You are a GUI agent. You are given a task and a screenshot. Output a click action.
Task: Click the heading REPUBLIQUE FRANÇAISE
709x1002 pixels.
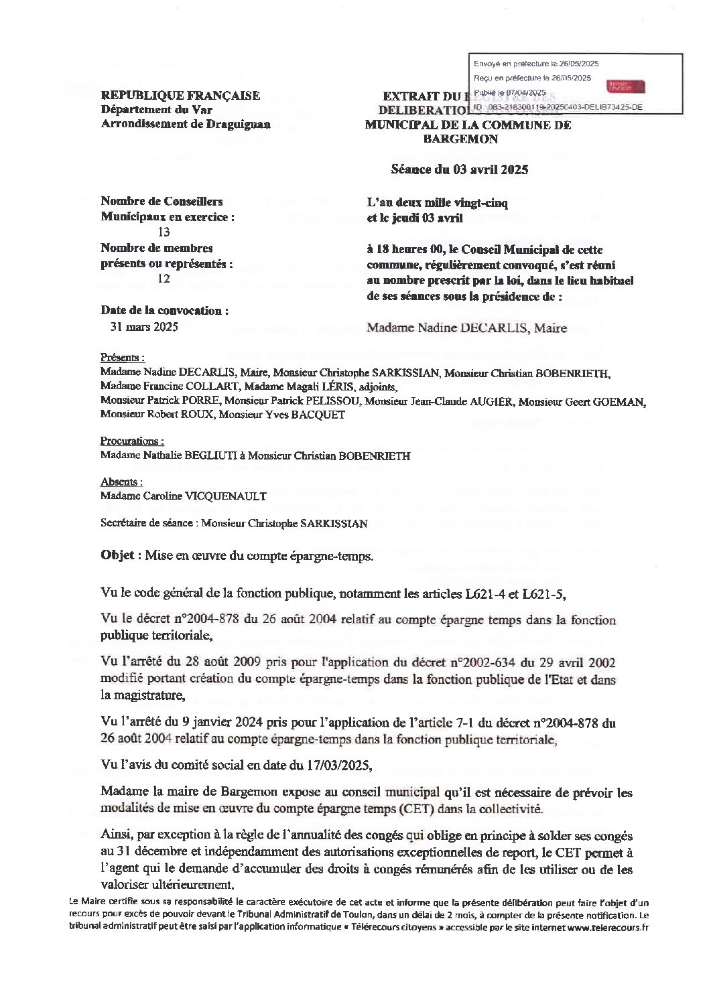180,96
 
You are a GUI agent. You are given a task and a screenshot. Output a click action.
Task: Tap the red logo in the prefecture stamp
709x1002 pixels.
625,86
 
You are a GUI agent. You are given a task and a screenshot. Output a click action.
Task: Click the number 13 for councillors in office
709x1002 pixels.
164,232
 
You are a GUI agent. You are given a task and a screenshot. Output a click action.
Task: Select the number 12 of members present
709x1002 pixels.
164,279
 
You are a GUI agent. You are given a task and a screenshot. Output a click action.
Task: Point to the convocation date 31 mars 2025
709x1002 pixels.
143,328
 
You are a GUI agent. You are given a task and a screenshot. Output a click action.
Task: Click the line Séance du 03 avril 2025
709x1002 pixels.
460,169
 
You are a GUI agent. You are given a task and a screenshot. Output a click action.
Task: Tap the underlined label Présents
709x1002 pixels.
122,358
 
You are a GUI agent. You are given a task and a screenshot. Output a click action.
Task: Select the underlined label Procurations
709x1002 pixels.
131,441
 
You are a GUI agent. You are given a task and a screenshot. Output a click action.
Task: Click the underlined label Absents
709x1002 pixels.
121,482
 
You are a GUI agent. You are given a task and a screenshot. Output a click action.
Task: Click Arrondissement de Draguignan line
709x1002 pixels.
186,124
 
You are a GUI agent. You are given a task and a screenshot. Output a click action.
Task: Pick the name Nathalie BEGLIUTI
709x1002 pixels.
194,456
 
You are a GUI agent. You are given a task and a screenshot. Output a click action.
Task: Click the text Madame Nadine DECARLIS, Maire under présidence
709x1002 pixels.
467,328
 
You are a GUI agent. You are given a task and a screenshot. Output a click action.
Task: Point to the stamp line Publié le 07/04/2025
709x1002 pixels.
510,92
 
